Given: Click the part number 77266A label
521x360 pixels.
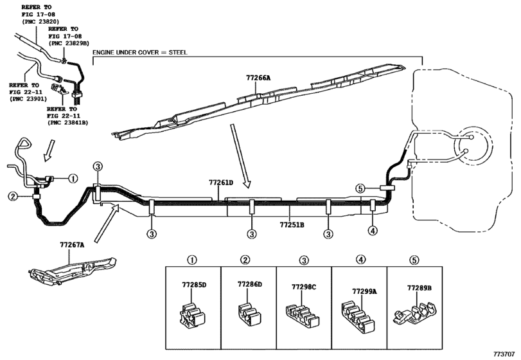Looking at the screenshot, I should [258, 77].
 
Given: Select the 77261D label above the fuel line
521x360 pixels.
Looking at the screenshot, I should [220, 183].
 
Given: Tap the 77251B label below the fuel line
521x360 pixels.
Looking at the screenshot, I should [292, 225].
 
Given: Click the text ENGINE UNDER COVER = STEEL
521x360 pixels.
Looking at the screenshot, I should [140, 51].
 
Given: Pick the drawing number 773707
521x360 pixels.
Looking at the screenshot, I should [505, 354].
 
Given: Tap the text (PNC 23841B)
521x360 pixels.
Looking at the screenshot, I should [66, 122].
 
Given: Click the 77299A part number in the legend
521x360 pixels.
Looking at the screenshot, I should [364, 291].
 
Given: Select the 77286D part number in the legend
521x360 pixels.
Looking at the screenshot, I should [250, 283].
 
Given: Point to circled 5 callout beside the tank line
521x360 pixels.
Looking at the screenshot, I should [360, 188].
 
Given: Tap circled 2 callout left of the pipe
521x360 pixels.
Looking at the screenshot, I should [12, 196].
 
